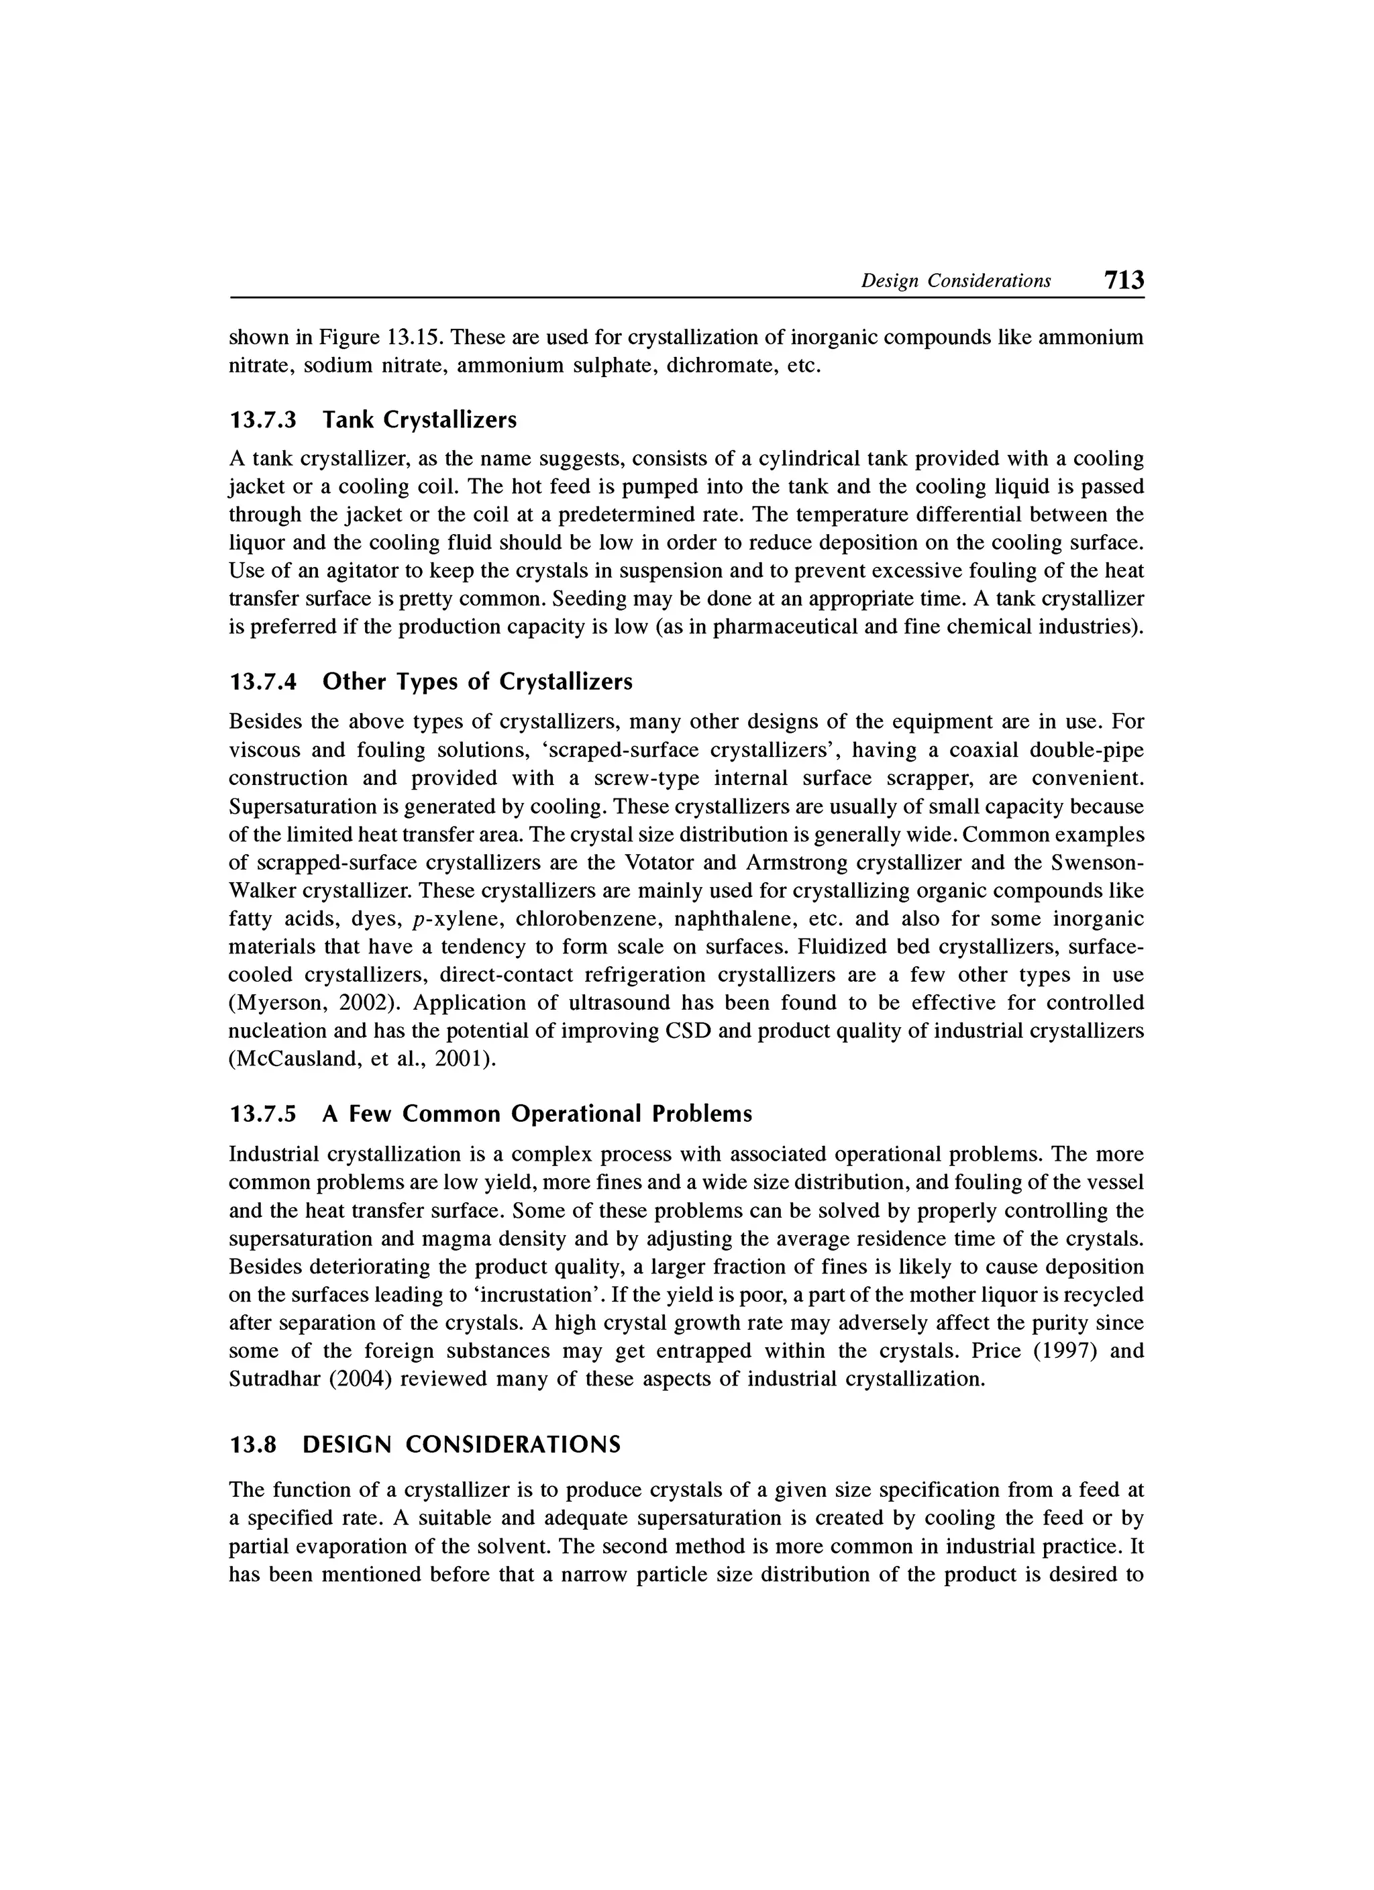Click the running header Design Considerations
pos(956,282)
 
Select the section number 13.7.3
pos(262,420)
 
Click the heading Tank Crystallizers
pos(420,420)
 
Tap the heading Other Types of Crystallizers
pos(478,682)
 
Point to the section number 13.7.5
pos(262,1114)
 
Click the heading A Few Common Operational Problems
pos(537,1114)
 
